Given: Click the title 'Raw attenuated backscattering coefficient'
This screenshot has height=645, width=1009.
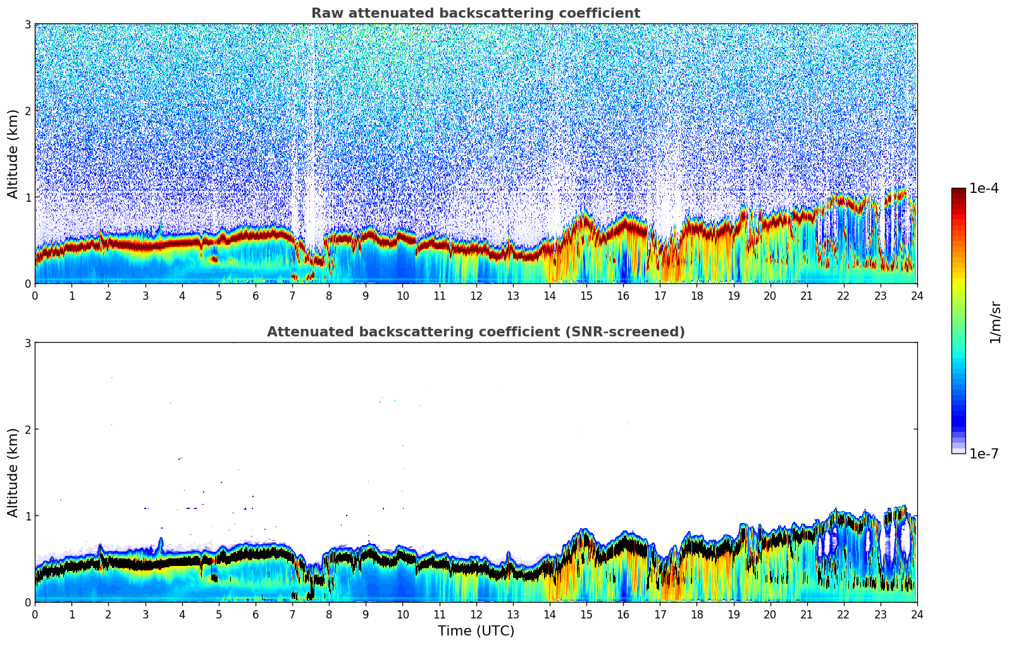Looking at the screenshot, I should point(475,13).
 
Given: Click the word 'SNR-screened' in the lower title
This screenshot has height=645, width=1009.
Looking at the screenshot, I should point(634,332).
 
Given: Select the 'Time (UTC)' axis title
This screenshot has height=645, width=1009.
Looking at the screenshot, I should point(476,630).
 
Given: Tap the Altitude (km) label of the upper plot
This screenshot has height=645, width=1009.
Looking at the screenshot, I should point(13,154).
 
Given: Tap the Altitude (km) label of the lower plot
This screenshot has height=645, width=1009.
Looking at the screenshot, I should point(13,472).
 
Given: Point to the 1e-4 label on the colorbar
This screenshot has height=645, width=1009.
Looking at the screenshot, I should point(984,188).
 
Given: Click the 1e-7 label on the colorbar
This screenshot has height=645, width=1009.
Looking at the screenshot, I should point(984,453).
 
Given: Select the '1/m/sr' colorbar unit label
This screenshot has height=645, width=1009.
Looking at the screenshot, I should point(995,322).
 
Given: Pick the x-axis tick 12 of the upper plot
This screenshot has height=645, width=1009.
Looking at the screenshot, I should point(476,295).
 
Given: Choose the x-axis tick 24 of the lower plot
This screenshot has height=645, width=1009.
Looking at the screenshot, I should point(917,614).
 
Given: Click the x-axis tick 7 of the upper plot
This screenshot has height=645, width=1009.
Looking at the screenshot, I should point(292,295).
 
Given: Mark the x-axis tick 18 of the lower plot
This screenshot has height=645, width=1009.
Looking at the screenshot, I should point(696,614).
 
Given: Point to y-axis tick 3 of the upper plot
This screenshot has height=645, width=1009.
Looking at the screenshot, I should point(27,24).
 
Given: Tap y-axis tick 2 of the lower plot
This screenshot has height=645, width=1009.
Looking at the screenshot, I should point(27,429).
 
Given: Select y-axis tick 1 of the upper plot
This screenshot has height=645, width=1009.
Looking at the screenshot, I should point(27,197).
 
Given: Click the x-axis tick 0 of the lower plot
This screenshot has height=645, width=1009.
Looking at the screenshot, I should point(35,614).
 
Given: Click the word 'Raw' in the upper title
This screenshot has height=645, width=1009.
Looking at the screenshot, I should point(324,13).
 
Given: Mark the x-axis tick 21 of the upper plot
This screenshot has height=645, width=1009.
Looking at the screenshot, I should point(807,295).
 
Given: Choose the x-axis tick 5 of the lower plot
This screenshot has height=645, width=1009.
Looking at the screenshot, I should point(219,614).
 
